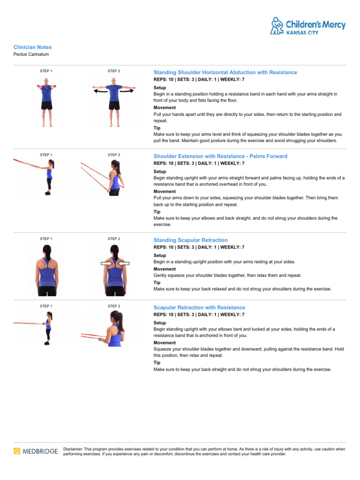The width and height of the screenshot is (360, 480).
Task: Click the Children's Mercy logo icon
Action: click(x=277, y=25)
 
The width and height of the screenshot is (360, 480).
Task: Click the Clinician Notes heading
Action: click(x=32, y=47)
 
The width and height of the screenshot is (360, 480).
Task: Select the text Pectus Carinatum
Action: click(x=31, y=54)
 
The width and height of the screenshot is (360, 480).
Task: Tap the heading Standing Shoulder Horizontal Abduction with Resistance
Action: click(x=225, y=73)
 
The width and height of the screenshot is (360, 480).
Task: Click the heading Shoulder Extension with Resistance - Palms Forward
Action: click(x=220, y=156)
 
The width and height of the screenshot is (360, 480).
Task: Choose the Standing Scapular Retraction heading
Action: click(x=190, y=240)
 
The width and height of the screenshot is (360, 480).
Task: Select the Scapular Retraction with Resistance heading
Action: click(x=199, y=307)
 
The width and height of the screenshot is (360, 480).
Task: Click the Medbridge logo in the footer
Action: click(x=36, y=451)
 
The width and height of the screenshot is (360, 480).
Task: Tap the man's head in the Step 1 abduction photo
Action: click(x=45, y=82)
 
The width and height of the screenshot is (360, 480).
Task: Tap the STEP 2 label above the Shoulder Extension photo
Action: click(x=114, y=155)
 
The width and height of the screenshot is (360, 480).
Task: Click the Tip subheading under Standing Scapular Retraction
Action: click(x=157, y=283)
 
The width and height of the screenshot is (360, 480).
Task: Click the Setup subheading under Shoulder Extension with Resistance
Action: click(x=159, y=172)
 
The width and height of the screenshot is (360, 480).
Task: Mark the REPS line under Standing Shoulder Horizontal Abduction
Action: click(x=199, y=80)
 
